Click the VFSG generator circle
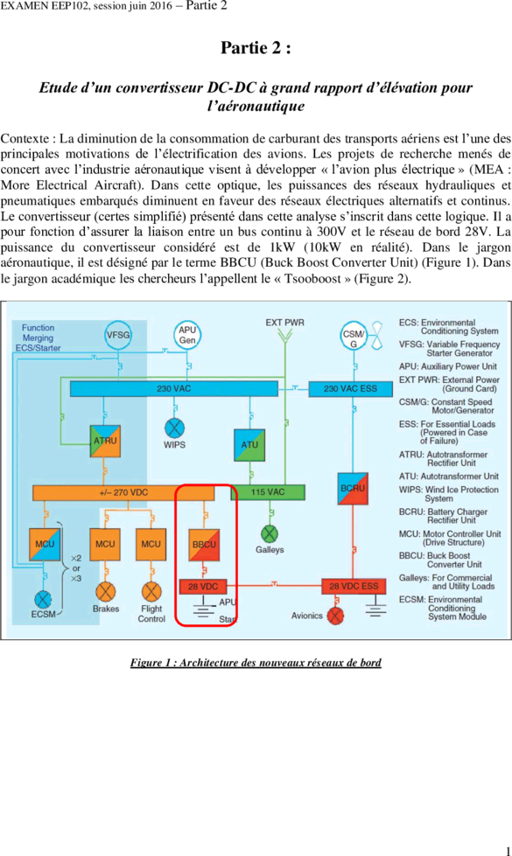click(118, 334)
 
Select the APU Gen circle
click(187, 335)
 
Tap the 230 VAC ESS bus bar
click(350, 389)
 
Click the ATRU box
click(105, 441)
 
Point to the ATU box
click(249, 445)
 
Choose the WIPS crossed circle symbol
click(174, 428)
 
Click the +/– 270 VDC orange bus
click(123, 492)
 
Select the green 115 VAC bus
click(268, 492)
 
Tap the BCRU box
click(353, 488)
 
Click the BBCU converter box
click(204, 545)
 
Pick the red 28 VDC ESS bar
click(354, 587)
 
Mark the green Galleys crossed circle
click(270, 533)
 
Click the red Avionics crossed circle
click(335, 616)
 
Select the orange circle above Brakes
click(105, 592)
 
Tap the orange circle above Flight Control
click(151, 592)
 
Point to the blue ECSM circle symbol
click(43, 599)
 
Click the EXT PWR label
click(284, 323)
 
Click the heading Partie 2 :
click(256, 48)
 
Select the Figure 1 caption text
click(256, 663)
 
